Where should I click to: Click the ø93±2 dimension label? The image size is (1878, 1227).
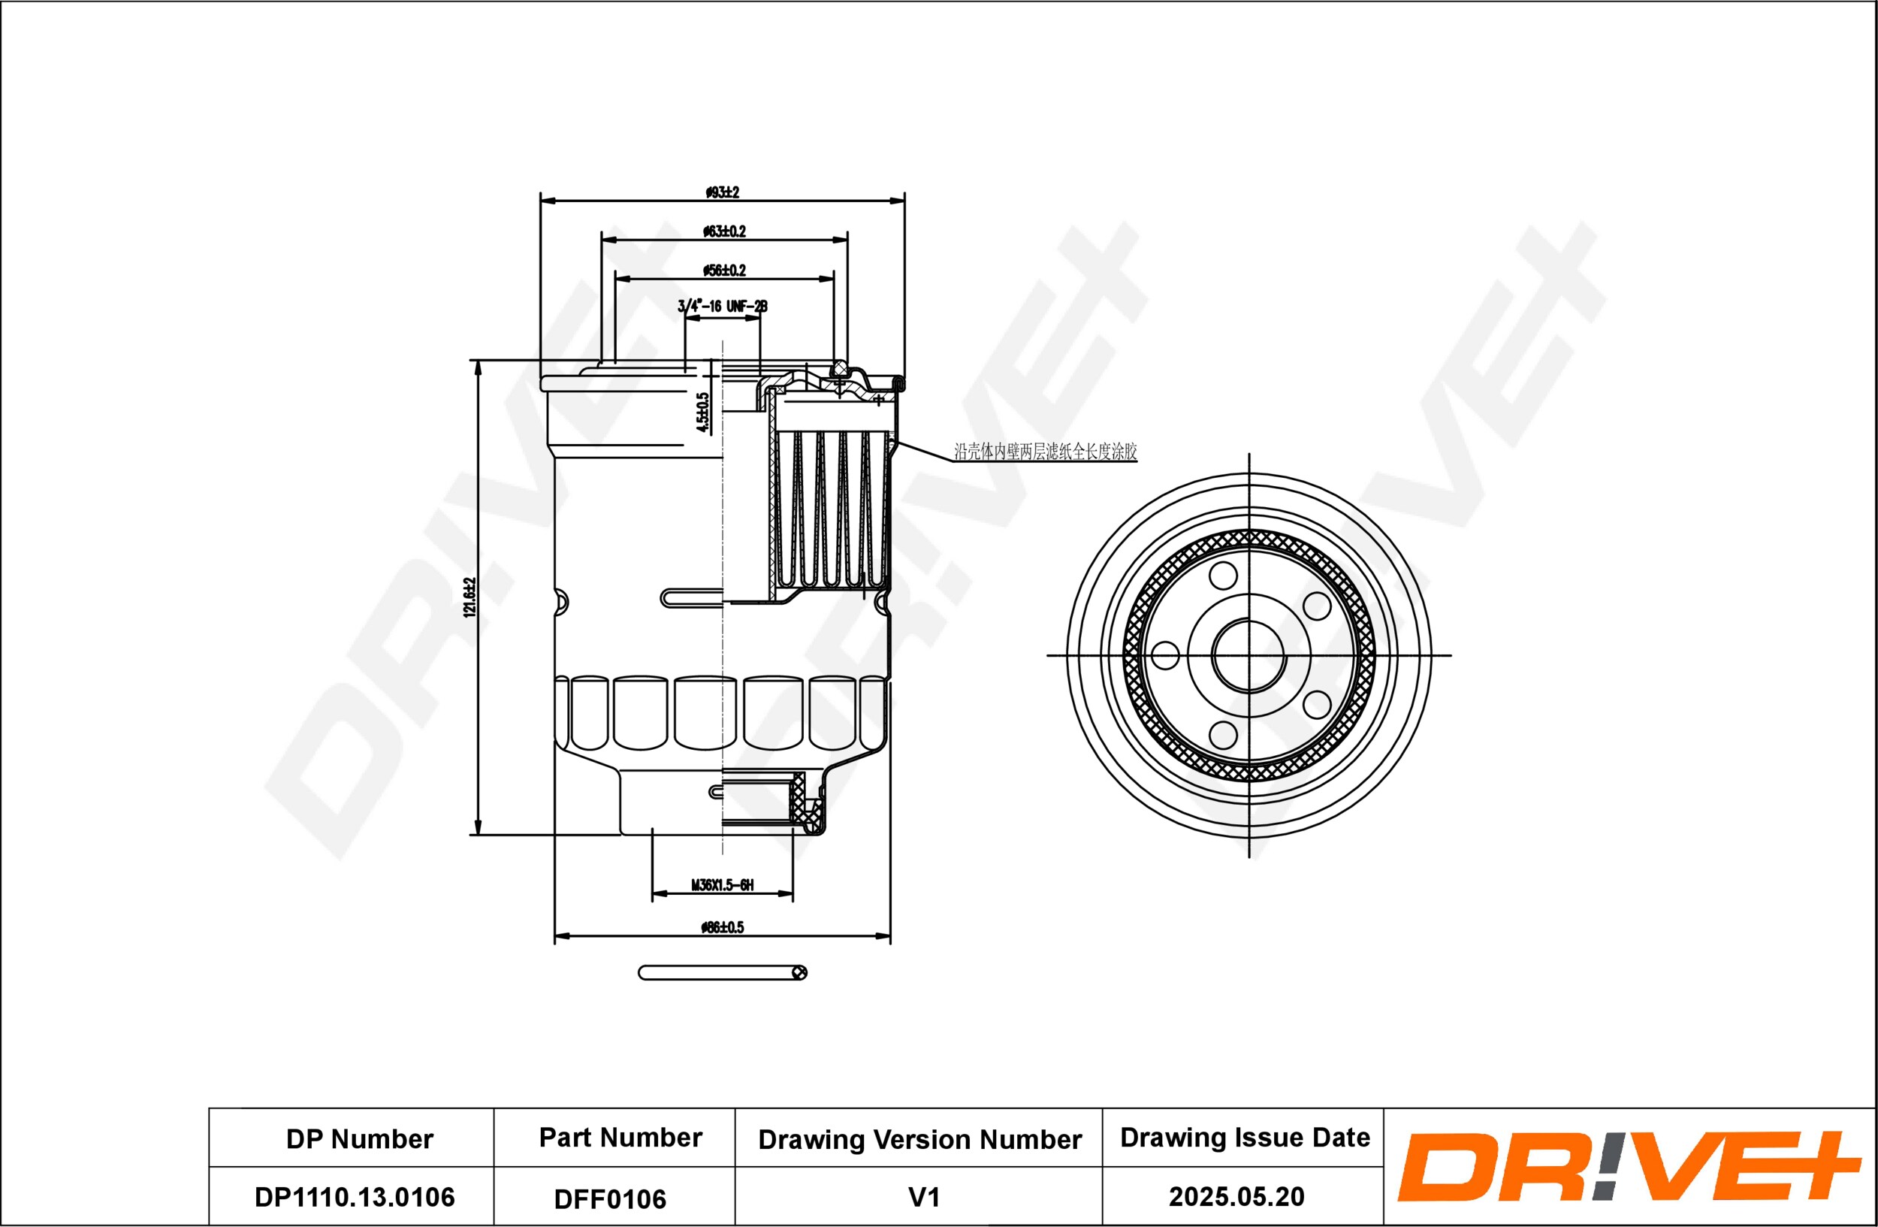[x=722, y=192]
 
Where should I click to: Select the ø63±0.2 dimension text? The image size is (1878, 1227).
[x=724, y=231]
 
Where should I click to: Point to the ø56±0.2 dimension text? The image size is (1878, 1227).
[x=724, y=270]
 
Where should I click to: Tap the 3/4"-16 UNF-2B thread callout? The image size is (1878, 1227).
[x=723, y=306]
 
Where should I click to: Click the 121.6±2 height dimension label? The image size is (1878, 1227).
[x=470, y=597]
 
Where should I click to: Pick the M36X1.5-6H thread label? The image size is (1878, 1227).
[x=723, y=885]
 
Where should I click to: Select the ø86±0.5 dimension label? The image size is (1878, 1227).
[x=723, y=927]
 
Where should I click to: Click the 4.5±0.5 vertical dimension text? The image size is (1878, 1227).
[x=703, y=413]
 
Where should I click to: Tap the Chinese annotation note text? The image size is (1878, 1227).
[x=1046, y=452]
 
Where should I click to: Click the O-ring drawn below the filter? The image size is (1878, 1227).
[x=722, y=973]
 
